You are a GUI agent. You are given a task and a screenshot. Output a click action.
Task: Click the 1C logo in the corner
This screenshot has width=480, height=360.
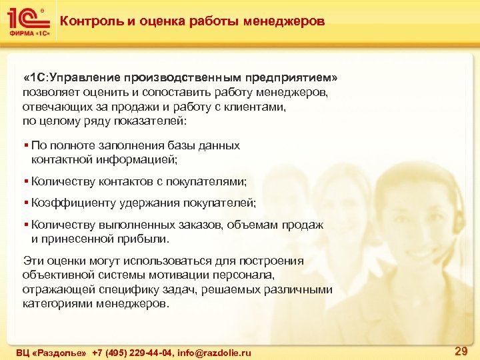click(x=27, y=22)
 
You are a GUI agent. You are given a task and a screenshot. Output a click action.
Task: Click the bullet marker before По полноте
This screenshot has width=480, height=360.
click(x=26, y=145)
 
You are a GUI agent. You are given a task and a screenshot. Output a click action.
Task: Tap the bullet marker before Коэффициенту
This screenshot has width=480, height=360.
click(x=26, y=203)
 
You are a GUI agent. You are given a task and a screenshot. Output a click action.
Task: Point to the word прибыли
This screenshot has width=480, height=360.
click(x=146, y=239)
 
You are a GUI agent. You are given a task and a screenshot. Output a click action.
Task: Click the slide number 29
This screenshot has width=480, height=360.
click(x=460, y=350)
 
